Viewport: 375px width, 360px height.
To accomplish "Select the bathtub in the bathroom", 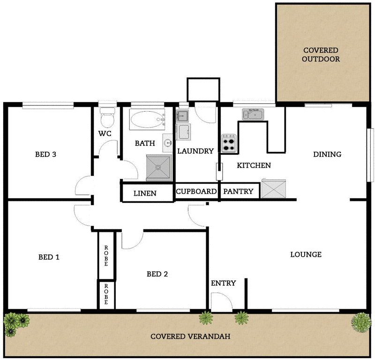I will tap(147, 121).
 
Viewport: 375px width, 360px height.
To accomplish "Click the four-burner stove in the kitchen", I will tap(229, 144).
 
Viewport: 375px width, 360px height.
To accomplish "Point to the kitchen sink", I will tap(253, 114).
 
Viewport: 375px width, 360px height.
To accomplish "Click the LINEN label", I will tap(145, 193).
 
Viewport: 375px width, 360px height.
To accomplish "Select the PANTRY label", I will tap(238, 191).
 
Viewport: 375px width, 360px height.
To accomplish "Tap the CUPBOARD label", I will tap(196, 191).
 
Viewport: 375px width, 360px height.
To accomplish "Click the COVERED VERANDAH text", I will tap(187, 337).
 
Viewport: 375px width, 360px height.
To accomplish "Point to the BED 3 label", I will tap(46, 154).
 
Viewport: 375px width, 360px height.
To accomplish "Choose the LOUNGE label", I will tap(306, 255).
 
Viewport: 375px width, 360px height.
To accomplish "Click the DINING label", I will tap(327, 154).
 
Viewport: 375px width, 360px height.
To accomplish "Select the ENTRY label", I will tap(223, 283).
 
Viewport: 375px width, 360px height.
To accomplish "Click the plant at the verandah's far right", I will tap(360, 322).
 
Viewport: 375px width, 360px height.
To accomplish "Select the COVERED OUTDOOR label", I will tap(321, 55).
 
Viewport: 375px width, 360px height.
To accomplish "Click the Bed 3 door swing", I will tap(84, 185).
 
